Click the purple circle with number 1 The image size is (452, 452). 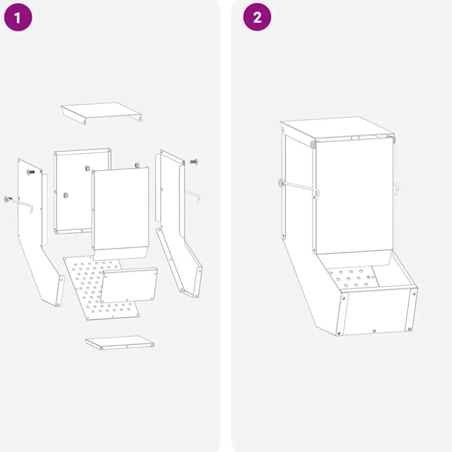pyautogui.click(x=18, y=17)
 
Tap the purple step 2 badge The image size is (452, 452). pyautogui.click(x=257, y=17)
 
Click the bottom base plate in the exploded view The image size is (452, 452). pyautogui.click(x=120, y=343)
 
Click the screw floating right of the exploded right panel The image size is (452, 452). pyautogui.click(x=194, y=162)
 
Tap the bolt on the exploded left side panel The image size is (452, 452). pyautogui.click(x=30, y=172)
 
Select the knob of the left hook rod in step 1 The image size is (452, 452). pyautogui.click(x=7, y=199)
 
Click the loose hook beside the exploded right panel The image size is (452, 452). pyautogui.click(x=193, y=196)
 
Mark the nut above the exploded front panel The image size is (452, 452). pyautogui.click(x=137, y=165)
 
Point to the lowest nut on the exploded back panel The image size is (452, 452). pyautogui.click(x=66, y=196)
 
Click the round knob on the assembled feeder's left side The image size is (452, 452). pyautogui.click(x=281, y=182)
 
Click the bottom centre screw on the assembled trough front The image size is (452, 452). pyautogui.click(x=374, y=331)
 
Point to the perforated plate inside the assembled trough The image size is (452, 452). pyautogui.click(x=353, y=278)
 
